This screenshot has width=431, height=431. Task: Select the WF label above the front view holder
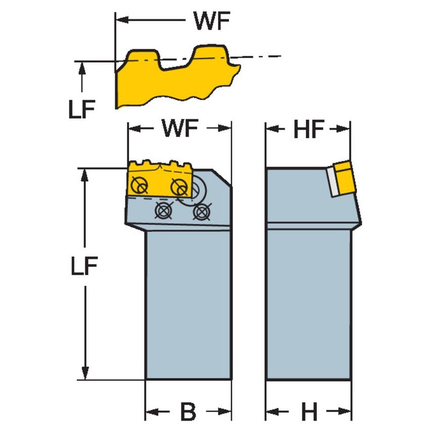coord(180,130)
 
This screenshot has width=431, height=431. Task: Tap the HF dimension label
coord(308,130)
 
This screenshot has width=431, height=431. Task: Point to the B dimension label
coord(188,412)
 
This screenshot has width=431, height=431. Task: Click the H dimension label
coord(308,412)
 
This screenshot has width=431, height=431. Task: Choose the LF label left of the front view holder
coord(84,267)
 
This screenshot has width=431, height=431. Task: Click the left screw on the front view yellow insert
coord(139,187)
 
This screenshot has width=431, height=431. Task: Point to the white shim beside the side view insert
coord(331,183)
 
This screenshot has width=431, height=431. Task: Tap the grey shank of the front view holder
coord(188,303)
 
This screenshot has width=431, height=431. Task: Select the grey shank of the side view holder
coord(308,303)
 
